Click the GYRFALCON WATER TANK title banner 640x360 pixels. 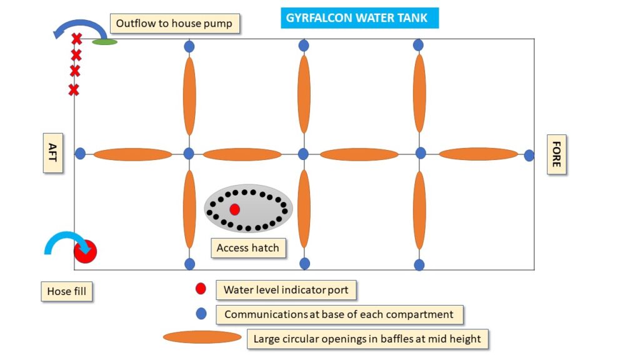tap(359, 18)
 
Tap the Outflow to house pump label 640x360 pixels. tap(174, 24)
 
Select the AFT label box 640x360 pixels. tap(53, 152)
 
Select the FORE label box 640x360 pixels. tap(556, 154)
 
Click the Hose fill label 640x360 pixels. tap(66, 291)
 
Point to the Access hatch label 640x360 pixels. tap(248, 248)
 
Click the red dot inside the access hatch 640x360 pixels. tap(234, 209)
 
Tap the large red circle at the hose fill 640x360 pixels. tap(85, 251)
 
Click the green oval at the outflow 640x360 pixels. tap(104, 42)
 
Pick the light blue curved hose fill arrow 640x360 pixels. tap(65, 235)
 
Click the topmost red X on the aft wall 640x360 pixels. tap(76, 39)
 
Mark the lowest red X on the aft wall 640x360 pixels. tap(74, 90)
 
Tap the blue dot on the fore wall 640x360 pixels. tap(529, 156)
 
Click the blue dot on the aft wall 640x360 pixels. tap(81, 154)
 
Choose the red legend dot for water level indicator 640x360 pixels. tap(201, 289)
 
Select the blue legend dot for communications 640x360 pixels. tap(201, 314)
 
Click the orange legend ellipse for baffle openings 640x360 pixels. tap(202, 337)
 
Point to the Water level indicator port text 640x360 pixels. tap(286, 290)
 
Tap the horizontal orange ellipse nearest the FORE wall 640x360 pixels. tap(478, 154)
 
